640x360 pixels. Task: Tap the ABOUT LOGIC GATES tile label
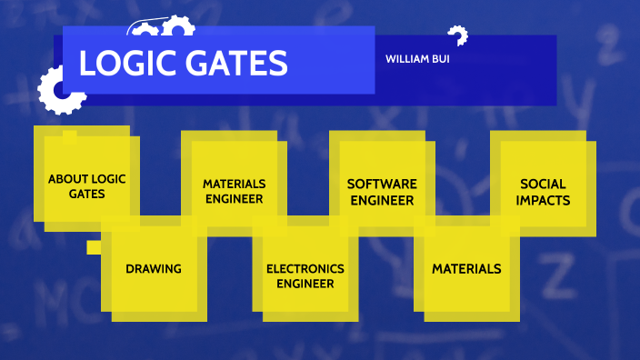click(87, 185)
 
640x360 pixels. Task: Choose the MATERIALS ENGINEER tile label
click(234, 191)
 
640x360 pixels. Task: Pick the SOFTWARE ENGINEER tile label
click(382, 192)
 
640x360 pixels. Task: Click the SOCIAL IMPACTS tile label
click(544, 192)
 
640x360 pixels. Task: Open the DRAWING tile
click(154, 268)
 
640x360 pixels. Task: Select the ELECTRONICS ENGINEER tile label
click(305, 275)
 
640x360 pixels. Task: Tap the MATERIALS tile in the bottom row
click(466, 268)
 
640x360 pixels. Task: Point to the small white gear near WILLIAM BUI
click(457, 35)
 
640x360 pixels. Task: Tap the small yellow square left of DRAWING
click(93, 246)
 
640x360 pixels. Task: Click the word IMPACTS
click(544, 200)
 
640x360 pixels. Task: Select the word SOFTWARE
click(382, 184)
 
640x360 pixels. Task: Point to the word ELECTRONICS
click(305, 268)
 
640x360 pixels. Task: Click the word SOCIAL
click(544, 184)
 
